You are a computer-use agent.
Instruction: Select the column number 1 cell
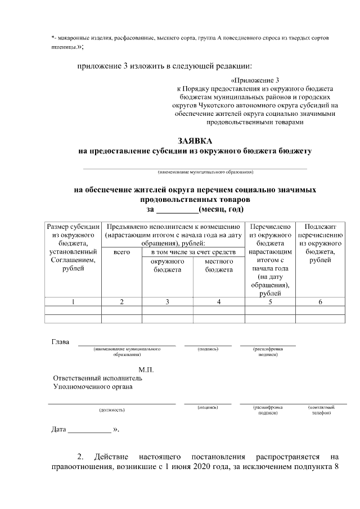[x=73, y=302]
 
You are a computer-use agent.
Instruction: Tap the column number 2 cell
[x=121, y=302]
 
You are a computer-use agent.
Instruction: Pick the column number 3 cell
[x=167, y=302]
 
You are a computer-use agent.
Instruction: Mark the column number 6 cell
[x=320, y=302]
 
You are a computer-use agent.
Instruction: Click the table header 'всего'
[x=121, y=253]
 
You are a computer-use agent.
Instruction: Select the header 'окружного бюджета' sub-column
[x=167, y=265]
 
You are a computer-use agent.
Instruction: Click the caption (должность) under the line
[x=112, y=410]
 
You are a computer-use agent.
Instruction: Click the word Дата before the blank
[x=59, y=430]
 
